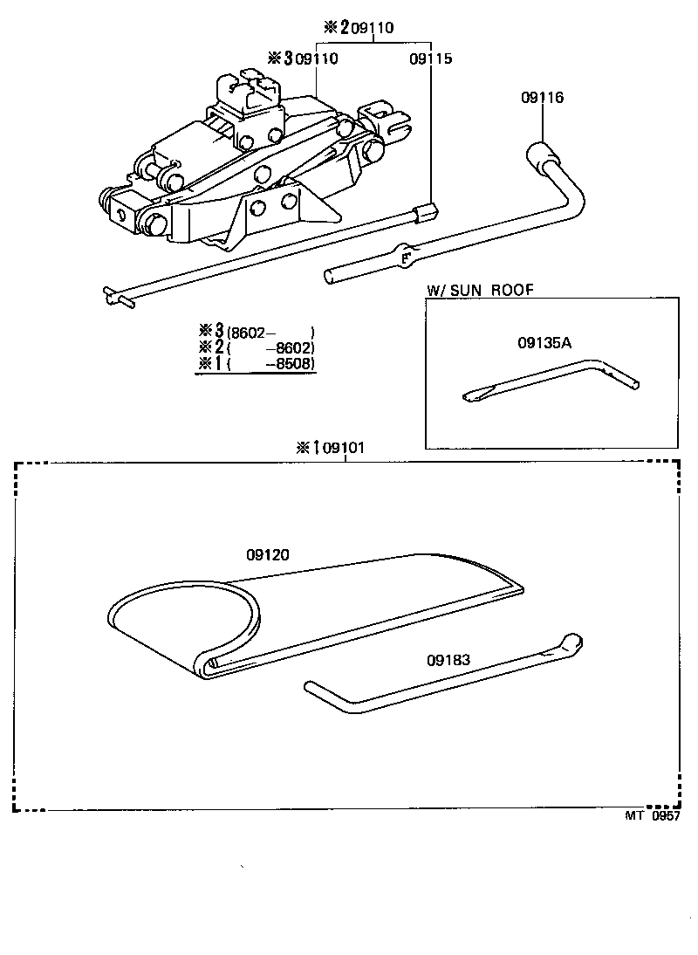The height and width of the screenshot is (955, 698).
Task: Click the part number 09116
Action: [542, 98]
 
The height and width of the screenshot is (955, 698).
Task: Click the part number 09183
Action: [448, 660]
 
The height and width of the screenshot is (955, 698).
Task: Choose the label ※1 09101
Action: [331, 448]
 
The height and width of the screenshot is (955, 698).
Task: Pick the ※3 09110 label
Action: [304, 58]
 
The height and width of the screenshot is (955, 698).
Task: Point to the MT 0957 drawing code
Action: [651, 816]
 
